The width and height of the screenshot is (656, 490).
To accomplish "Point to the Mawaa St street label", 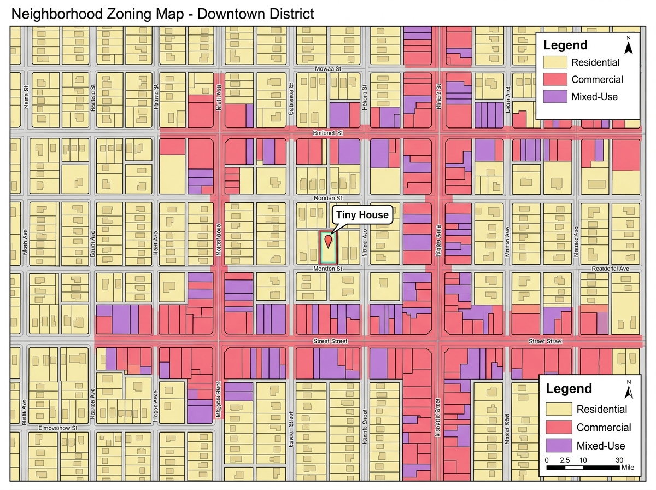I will click(x=328, y=69).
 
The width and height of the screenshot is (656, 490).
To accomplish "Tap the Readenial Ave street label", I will click(x=611, y=269).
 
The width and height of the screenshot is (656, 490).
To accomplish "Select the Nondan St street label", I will click(x=327, y=197).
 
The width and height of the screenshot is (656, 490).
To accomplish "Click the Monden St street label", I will click(x=327, y=269).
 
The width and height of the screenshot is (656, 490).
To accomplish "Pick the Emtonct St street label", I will click(x=327, y=132).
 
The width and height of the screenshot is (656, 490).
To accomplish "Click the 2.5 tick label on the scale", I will click(x=565, y=459).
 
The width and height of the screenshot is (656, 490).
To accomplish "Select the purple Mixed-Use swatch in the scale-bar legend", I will click(x=559, y=445).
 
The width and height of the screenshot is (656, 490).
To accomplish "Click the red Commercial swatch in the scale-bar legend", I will click(x=559, y=427).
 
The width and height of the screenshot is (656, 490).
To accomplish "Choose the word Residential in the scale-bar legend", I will click(x=601, y=409).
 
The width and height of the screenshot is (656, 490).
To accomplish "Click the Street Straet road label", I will click(x=544, y=341).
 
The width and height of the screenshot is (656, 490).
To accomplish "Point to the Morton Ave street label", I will click(x=508, y=235).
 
